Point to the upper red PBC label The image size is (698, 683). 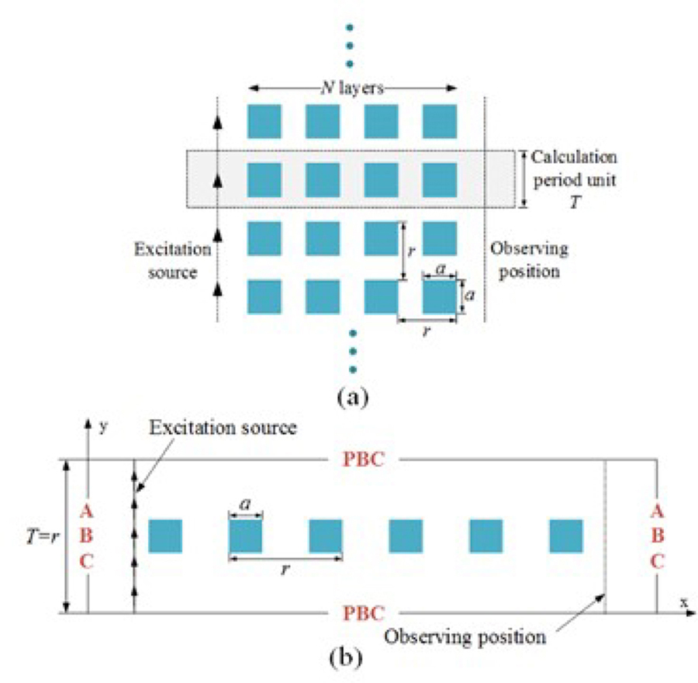click(x=365, y=459)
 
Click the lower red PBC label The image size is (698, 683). click(x=365, y=613)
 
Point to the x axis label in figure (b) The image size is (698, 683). click(x=684, y=602)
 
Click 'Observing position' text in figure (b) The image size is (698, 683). click(x=465, y=637)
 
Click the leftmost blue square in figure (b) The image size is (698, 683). click(x=165, y=536)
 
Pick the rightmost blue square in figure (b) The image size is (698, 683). click(x=566, y=536)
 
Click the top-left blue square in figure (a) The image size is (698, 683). click(x=264, y=121)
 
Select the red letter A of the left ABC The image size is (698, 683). click(x=88, y=510)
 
